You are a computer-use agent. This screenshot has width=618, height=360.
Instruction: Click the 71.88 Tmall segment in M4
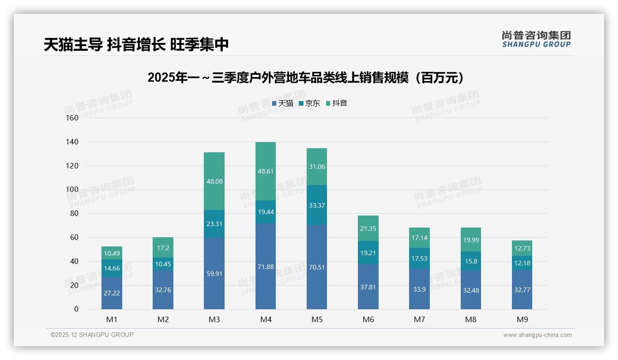coord(266,267)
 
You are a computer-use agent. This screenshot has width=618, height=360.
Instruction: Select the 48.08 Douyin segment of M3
coord(214,181)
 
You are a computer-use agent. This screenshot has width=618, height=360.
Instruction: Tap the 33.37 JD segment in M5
coord(317,205)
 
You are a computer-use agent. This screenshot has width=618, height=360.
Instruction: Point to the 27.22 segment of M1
coord(112,293)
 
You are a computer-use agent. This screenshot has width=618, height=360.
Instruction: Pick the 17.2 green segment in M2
coord(163,247)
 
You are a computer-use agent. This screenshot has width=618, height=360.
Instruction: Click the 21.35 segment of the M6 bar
coord(368,228)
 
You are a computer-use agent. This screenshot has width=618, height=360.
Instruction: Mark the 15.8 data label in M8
coord(471,261)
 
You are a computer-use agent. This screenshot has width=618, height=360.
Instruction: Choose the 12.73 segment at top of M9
coord(522,248)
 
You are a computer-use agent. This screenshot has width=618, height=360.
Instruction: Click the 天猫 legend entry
coord(282,103)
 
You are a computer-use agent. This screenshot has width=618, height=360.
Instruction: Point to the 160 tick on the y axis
coord(72,118)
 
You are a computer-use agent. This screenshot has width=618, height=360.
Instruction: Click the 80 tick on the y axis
coord(74,214)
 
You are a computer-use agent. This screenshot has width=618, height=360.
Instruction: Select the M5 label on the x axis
coord(317,320)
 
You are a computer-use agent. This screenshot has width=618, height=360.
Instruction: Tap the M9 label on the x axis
coord(522,320)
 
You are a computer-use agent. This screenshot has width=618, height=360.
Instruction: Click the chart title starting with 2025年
coord(305,78)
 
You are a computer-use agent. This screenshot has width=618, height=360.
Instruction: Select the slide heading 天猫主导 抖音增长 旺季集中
coord(137,45)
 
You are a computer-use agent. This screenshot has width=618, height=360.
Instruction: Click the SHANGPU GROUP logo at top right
coord(536,39)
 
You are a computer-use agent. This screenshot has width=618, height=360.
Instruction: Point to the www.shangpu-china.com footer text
coord(537,335)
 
